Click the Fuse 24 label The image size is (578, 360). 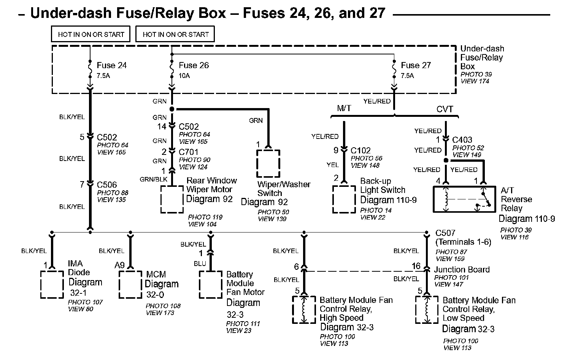click(x=111, y=65)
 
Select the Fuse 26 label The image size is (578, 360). click(x=194, y=65)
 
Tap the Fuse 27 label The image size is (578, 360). click(x=416, y=65)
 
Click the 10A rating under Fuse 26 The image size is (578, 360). click(x=184, y=76)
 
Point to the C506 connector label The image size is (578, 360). click(x=107, y=185)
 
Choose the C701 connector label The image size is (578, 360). click(x=189, y=152)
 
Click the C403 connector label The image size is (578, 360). click(x=462, y=140)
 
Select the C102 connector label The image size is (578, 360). click(x=360, y=151)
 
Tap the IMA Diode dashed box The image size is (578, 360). click(x=52, y=284)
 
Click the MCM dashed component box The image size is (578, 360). click(x=130, y=284)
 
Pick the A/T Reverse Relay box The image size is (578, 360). click(x=464, y=199)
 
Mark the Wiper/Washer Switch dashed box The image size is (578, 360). click(x=268, y=164)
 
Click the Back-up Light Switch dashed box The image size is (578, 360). click(x=344, y=199)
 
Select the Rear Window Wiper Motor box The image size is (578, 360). click(x=172, y=199)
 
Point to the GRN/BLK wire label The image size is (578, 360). click(x=154, y=180)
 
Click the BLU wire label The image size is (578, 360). click(x=200, y=264)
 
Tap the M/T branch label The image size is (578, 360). click(x=344, y=108)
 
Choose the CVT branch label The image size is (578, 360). click(x=445, y=109)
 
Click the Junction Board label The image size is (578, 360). click(x=462, y=270)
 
